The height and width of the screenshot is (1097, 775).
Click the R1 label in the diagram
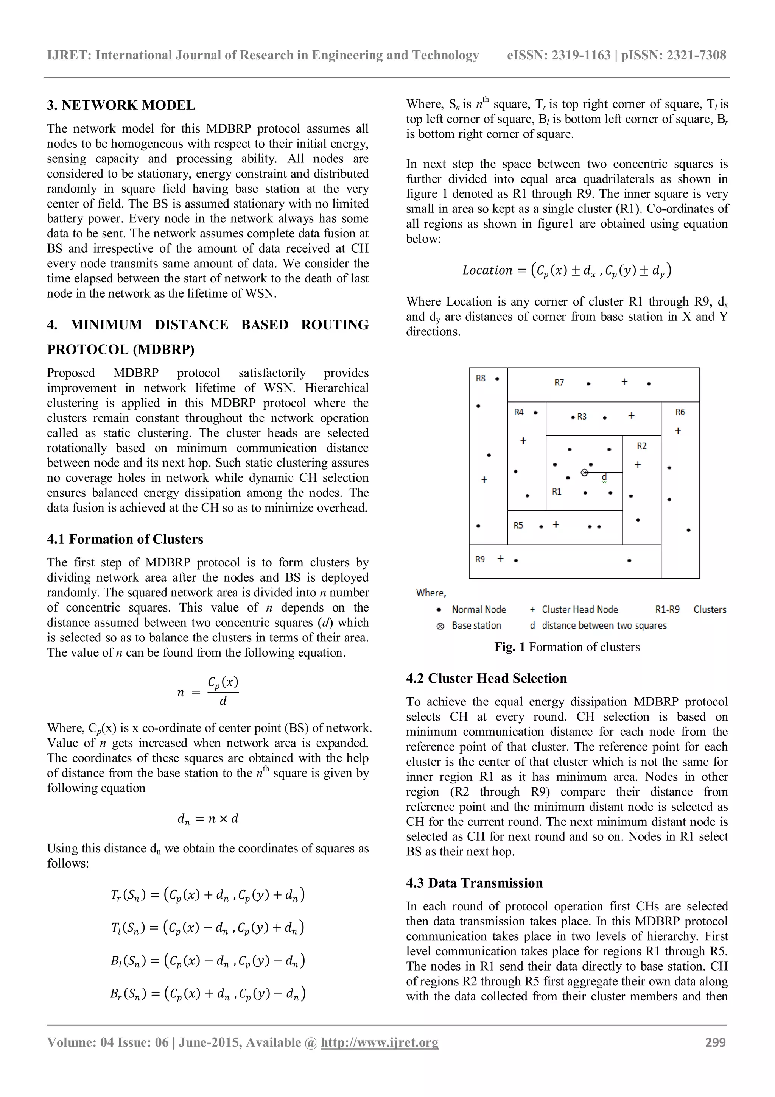pyautogui.click(x=556, y=491)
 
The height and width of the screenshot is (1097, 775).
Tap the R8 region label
pyautogui.click(x=480, y=378)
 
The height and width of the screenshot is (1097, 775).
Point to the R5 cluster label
pyautogui.click(x=518, y=525)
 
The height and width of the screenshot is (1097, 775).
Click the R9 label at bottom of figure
pyautogui.click(x=480, y=559)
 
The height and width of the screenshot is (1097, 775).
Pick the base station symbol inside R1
pyautogui.click(x=584, y=473)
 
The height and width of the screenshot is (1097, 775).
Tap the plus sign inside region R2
pyautogui.click(x=638, y=464)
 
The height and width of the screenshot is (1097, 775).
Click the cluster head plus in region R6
pyautogui.click(x=678, y=431)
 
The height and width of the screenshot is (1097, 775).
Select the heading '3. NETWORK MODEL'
pyautogui.click(x=121, y=105)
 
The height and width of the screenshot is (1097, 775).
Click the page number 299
pyautogui.click(x=715, y=1042)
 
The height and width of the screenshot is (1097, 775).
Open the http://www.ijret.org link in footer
pyautogui.click(x=379, y=1042)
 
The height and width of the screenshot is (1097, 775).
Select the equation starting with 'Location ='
pyautogui.click(x=566, y=270)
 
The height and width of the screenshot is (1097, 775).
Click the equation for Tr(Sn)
pyautogui.click(x=207, y=894)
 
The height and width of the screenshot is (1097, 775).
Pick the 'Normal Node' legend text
pyautogui.click(x=478, y=609)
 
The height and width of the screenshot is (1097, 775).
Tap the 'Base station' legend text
pyautogui.click(x=476, y=626)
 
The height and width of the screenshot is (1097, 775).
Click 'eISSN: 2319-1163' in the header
pyautogui.click(x=559, y=55)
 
